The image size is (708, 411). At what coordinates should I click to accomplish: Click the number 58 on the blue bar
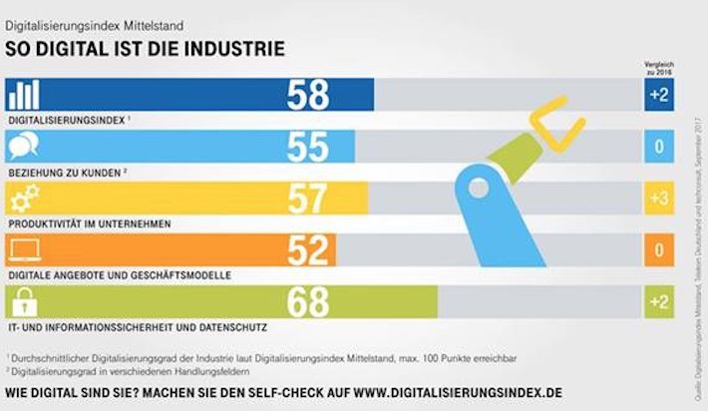point(308,95)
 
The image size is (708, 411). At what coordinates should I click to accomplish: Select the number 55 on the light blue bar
point(308,147)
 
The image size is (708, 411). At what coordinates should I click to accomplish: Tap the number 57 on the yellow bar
point(308,199)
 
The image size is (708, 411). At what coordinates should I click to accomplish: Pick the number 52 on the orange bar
point(308,250)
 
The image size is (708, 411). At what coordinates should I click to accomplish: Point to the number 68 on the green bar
point(308,302)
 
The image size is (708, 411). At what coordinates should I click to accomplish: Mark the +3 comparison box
point(657,199)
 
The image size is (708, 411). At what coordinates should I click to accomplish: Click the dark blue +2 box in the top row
point(657,95)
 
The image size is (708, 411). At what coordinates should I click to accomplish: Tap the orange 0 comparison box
point(657,250)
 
